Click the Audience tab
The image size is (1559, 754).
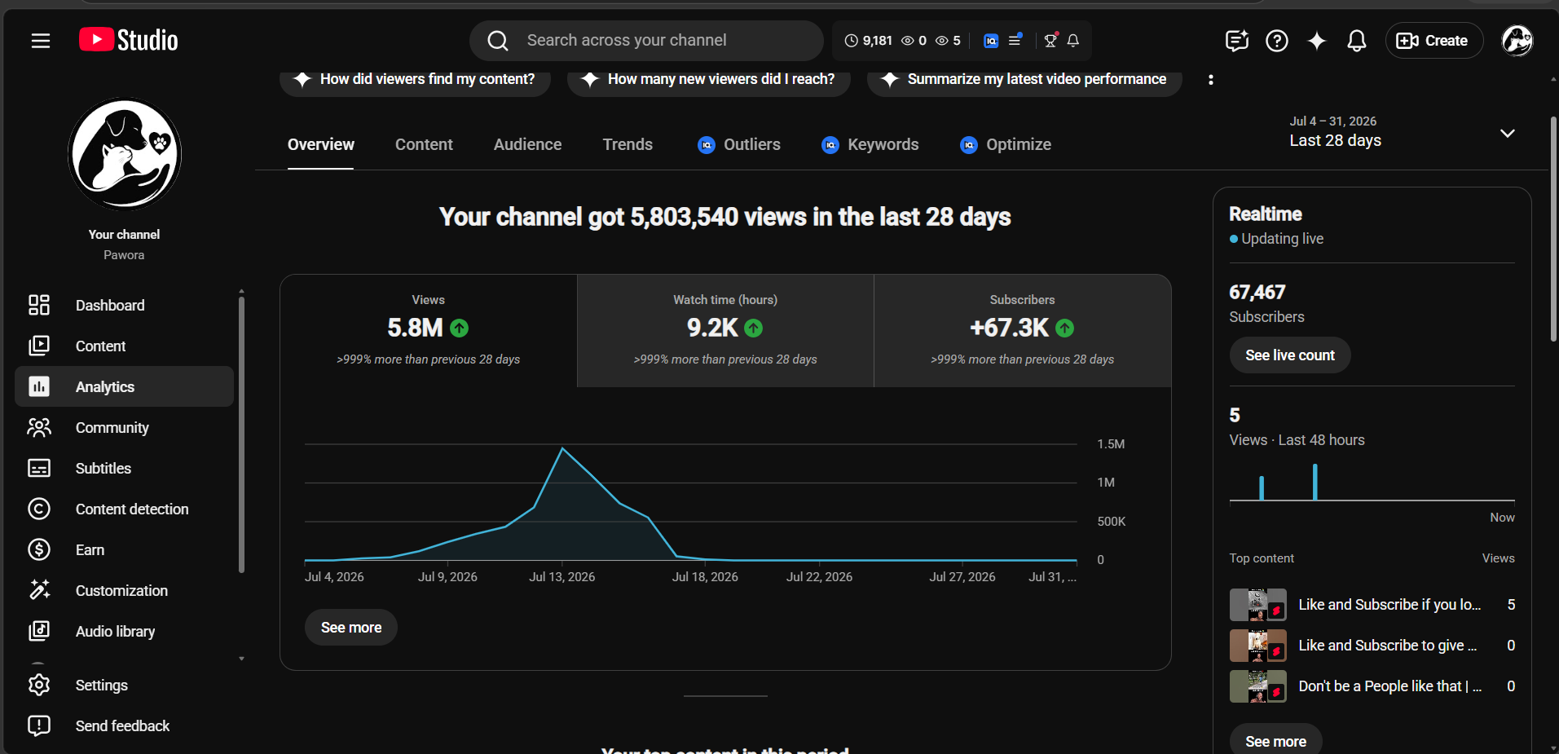[527, 144]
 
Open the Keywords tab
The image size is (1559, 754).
[870, 144]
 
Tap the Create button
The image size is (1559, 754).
[1433, 41]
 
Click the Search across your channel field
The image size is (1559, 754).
[646, 41]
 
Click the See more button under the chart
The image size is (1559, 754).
[351, 628]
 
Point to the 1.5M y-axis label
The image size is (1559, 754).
[1111, 444]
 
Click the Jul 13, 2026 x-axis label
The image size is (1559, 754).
[562, 577]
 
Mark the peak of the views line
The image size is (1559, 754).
[562, 448]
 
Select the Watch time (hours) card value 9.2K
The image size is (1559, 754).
[712, 328]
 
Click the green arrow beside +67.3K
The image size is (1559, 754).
[1064, 328]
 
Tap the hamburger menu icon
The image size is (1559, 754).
[41, 41]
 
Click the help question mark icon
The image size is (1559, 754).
[1277, 41]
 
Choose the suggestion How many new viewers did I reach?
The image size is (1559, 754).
[709, 79]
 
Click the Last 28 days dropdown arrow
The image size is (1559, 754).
[1508, 133]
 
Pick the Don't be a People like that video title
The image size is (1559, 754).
[1390, 686]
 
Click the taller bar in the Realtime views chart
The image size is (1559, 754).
[1315, 482]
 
